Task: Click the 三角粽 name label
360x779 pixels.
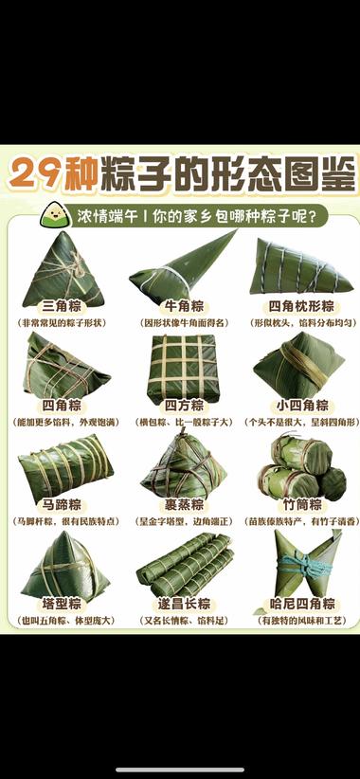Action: pos(62,306)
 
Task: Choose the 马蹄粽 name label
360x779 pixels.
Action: pos(62,505)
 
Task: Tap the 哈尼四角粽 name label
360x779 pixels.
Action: pos(301,604)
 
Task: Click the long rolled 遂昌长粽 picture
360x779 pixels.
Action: pos(183,564)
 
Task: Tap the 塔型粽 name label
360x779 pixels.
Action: pos(62,604)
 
